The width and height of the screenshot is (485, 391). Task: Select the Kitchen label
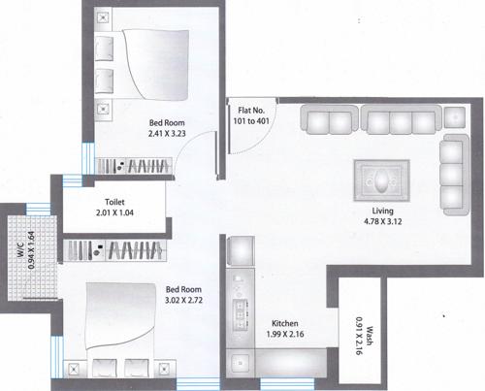pyautogui.click(x=285, y=322)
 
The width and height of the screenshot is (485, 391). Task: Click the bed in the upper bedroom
pyautogui.click(x=145, y=68)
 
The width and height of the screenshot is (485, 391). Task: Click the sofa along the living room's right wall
pyautogui.click(x=451, y=169)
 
